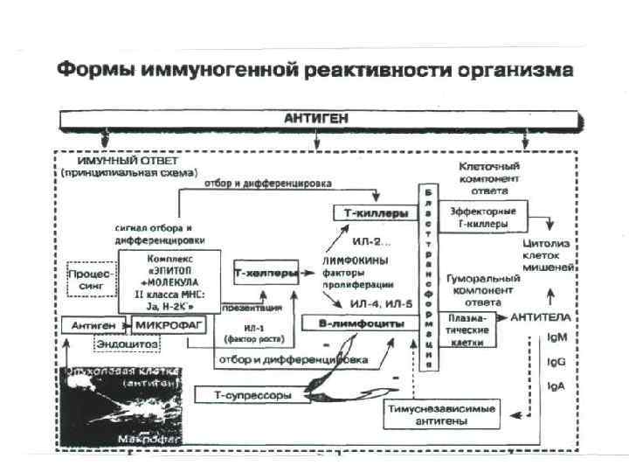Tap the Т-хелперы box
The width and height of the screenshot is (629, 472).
click(x=265, y=273)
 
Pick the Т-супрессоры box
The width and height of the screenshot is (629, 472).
click(x=252, y=395)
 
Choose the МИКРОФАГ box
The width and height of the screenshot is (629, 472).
click(x=168, y=324)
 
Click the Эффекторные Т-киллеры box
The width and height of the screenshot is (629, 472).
click(x=482, y=217)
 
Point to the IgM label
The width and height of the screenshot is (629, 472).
click(x=556, y=337)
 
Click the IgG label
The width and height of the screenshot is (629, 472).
click(x=556, y=360)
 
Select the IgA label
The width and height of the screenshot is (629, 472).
click(x=555, y=385)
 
